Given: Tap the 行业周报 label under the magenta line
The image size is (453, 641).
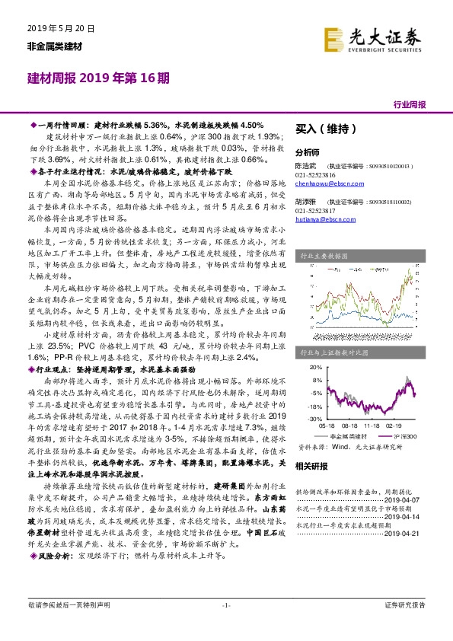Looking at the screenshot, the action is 410,104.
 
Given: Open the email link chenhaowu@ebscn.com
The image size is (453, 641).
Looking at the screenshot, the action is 323,183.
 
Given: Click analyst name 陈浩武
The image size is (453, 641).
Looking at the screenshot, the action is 305,164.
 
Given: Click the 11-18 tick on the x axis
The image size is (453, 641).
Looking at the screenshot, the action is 372,426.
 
